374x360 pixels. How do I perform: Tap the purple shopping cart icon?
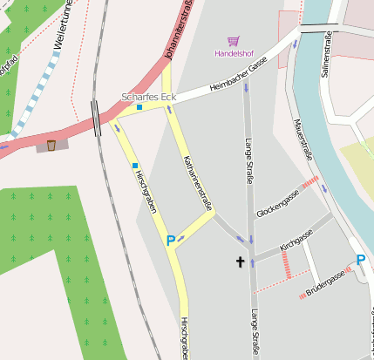point(233,41)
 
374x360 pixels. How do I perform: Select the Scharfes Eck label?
point(148,96)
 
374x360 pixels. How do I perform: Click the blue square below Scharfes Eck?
point(139,108)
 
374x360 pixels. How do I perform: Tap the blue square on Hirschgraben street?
point(135,165)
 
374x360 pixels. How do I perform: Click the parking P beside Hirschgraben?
point(171,240)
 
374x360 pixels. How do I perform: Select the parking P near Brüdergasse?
point(361,259)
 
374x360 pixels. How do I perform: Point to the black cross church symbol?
point(240,261)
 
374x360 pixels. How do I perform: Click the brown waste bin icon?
point(51,145)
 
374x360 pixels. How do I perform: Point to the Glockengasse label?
point(278,204)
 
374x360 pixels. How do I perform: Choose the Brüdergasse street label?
point(325,284)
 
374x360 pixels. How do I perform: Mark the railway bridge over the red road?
point(96,118)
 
